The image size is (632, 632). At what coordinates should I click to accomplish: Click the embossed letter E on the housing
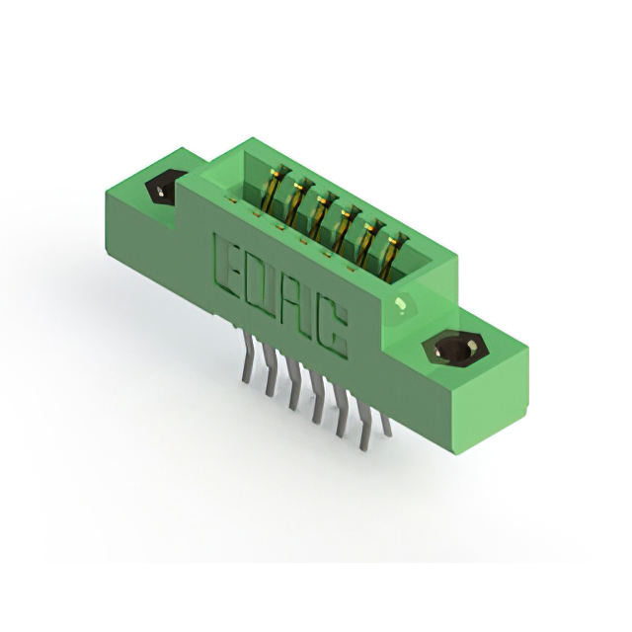click(228, 264)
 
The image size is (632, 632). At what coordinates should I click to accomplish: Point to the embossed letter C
click(334, 327)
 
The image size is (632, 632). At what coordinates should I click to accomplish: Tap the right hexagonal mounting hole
click(455, 348)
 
